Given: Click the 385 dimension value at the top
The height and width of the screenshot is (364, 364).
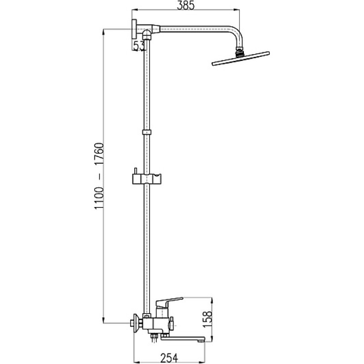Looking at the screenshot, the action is click(186, 5).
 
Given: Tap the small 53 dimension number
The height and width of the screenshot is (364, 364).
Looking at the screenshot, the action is click(139, 46).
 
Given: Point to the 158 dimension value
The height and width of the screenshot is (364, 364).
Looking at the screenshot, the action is click(207, 319).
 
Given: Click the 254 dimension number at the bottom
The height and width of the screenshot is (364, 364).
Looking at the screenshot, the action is click(169, 358).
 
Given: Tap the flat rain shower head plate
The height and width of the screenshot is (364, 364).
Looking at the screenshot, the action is click(241, 59).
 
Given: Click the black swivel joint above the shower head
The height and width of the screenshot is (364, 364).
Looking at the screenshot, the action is click(240, 52).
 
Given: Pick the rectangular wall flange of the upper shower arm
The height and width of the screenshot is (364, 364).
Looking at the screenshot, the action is click(134, 29).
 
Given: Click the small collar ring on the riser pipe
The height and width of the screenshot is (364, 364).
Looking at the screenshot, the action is click(147, 132).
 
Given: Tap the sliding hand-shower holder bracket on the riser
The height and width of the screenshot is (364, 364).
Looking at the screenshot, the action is click(147, 178).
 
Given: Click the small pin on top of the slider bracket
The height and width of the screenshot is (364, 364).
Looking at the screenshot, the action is click(135, 171).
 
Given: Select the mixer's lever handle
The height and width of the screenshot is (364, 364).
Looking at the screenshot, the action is click(169, 301).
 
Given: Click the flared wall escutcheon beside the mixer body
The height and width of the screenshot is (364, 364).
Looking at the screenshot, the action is click(137, 323).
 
